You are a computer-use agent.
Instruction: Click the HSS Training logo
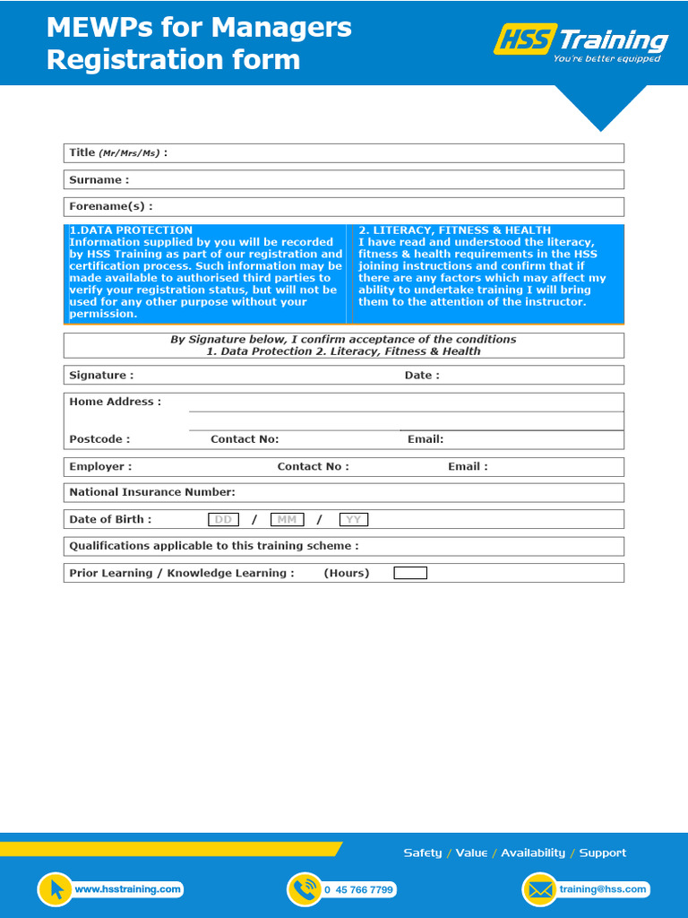[580, 42]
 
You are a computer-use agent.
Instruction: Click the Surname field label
[99, 180]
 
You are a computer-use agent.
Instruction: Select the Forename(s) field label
[110, 207]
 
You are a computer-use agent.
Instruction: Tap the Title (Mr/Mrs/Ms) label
[117, 153]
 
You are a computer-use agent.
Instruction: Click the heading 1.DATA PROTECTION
[131, 230]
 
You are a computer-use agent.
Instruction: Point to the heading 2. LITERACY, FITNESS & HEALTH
[454, 230]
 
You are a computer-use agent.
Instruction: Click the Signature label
[101, 376]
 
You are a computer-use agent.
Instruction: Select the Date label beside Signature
[422, 376]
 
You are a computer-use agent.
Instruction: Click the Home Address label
[115, 403]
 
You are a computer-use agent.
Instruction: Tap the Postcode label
[99, 439]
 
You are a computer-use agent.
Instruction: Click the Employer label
[100, 467]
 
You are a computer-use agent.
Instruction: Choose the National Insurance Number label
[152, 492]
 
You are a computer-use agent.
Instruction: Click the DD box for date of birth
[223, 520]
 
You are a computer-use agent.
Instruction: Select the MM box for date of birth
[287, 520]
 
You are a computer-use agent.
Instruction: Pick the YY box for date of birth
[354, 520]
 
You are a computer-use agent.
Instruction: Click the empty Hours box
[410, 574]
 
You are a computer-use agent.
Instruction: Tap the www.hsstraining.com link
[128, 889]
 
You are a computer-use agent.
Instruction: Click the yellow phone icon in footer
[305, 889]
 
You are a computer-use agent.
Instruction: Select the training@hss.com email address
[602, 889]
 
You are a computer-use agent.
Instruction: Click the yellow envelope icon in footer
[539, 889]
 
